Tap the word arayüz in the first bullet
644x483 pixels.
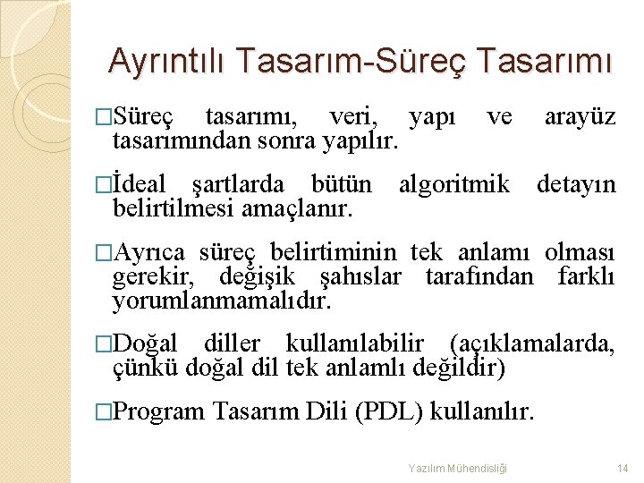(x=580, y=118)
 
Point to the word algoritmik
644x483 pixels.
(x=454, y=185)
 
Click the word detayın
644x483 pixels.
(x=576, y=185)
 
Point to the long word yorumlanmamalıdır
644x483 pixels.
(x=221, y=300)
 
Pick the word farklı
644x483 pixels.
(x=586, y=276)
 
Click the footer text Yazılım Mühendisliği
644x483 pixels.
(x=457, y=468)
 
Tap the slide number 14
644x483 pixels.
(x=623, y=468)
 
